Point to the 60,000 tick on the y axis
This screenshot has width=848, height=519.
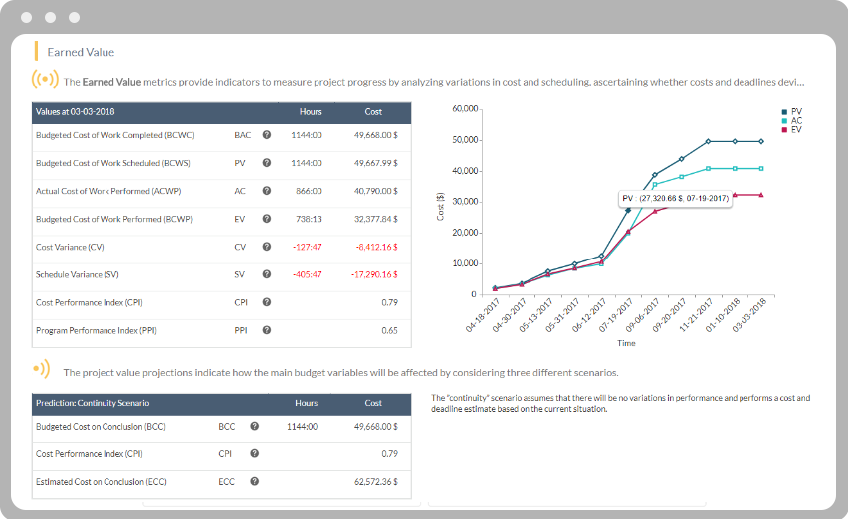(465, 108)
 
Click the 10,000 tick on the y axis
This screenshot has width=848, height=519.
(465, 263)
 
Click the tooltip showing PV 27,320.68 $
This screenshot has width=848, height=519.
(676, 199)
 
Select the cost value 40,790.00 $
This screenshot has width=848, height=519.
(375, 190)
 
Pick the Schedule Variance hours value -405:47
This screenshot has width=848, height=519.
(306, 273)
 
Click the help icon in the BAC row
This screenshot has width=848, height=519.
(266, 134)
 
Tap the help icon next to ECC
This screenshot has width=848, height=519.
(255, 481)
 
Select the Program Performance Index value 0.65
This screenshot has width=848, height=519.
(390, 329)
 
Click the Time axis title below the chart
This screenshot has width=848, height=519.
(626, 343)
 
